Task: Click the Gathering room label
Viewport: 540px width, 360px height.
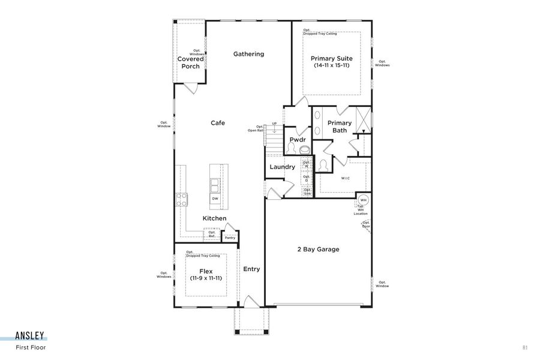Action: coord(248,54)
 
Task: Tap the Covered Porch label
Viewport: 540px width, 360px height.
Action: coord(191,62)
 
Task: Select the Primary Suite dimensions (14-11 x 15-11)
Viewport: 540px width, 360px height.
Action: coord(331,65)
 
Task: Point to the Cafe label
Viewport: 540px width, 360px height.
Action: coord(217,123)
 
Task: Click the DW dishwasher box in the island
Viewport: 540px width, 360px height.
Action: coord(215,199)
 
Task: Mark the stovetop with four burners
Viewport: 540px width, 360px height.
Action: coord(181,199)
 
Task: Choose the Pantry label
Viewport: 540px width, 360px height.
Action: coord(230,238)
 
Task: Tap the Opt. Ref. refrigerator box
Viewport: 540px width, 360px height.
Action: coord(212,235)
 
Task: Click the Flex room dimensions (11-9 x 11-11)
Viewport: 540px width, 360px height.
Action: coord(206,278)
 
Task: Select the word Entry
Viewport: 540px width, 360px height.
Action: coord(251,269)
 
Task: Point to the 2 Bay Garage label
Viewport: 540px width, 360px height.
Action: coord(318,249)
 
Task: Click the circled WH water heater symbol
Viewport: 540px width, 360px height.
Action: coord(363,200)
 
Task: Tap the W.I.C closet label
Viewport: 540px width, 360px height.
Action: coord(346,178)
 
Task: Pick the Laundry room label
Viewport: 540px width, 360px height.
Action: coord(282,167)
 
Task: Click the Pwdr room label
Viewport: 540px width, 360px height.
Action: coord(298,140)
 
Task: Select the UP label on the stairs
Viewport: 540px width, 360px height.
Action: coord(275,124)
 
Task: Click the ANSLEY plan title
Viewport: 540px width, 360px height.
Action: coord(30,337)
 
